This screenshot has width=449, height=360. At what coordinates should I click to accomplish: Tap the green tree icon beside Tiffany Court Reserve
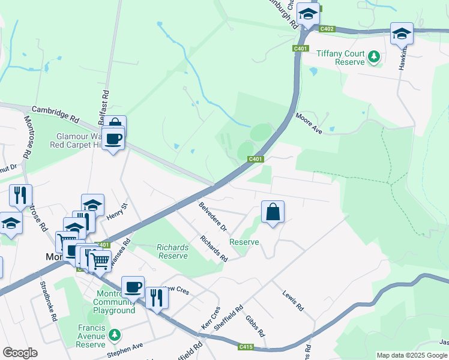coord(375,57)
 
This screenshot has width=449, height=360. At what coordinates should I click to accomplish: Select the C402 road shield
coord(327,29)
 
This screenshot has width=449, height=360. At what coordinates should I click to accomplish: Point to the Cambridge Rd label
coord(55,111)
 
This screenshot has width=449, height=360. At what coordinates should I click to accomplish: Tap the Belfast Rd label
coord(106,103)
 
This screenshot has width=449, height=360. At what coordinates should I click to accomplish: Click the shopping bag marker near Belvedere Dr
coord(273,212)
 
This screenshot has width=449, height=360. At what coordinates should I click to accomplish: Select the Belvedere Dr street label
coord(212,217)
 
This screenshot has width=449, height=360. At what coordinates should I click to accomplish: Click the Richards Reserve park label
coord(172,251)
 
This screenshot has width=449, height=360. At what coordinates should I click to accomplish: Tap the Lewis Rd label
coord(293,300)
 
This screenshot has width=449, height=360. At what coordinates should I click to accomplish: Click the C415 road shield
coord(245,346)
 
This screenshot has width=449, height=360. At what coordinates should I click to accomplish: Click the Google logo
coord(20,352)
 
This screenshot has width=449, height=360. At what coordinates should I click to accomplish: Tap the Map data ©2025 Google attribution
coord(411,355)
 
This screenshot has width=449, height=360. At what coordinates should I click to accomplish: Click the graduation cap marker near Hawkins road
coord(402,34)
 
